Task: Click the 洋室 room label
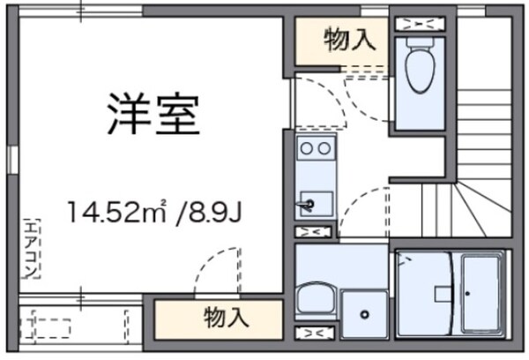tap(153, 114)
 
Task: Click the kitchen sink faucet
tap(309, 205)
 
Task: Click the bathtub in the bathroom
tap(480, 291)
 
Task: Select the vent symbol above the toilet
tap(420, 23)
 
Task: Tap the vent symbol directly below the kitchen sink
tap(313, 232)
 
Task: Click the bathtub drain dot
tap(467, 291)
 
